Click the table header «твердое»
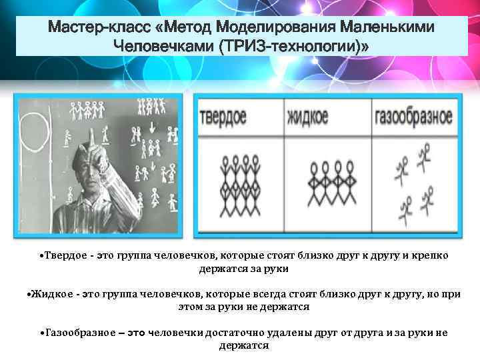coord(223,116)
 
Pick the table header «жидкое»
coord(308,117)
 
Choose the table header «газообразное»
coord(413,117)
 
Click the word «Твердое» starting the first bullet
coord(67,256)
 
